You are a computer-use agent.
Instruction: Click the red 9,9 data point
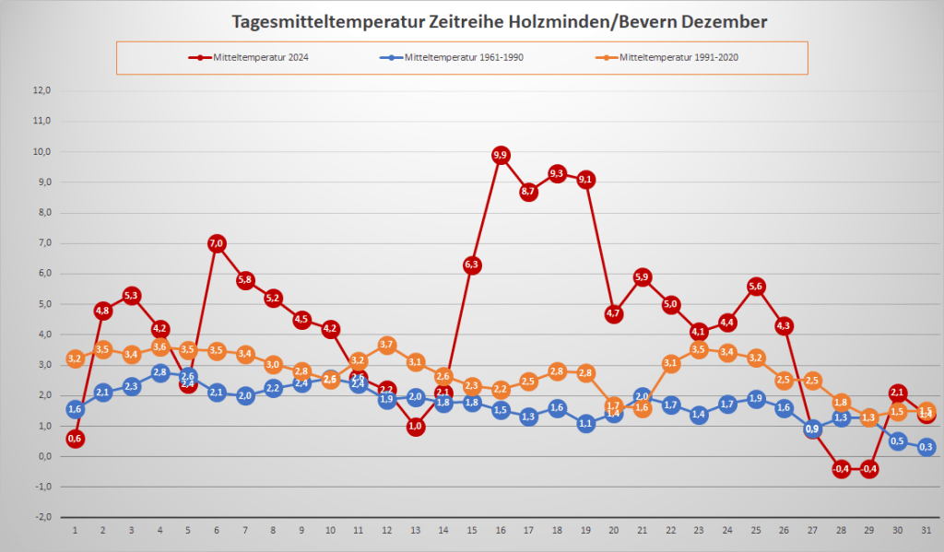(x=501, y=156)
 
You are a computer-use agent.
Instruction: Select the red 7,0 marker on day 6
(x=217, y=243)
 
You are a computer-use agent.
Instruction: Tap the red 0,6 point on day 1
(x=75, y=439)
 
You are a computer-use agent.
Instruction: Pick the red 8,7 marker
(x=529, y=192)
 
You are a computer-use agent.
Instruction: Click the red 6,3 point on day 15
(x=472, y=265)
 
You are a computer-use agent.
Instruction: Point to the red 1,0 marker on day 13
(x=415, y=427)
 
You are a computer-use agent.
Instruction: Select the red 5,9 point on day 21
(x=643, y=277)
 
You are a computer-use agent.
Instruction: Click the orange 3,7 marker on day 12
(x=387, y=345)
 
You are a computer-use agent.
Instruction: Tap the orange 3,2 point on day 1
(x=75, y=359)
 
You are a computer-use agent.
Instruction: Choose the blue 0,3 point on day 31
(x=926, y=448)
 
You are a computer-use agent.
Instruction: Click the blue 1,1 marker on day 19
(x=585, y=424)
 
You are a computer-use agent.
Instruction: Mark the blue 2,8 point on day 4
(x=160, y=372)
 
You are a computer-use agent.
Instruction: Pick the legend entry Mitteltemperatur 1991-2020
(x=679, y=57)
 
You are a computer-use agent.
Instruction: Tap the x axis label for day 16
(x=501, y=531)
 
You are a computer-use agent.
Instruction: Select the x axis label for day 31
(x=926, y=531)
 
